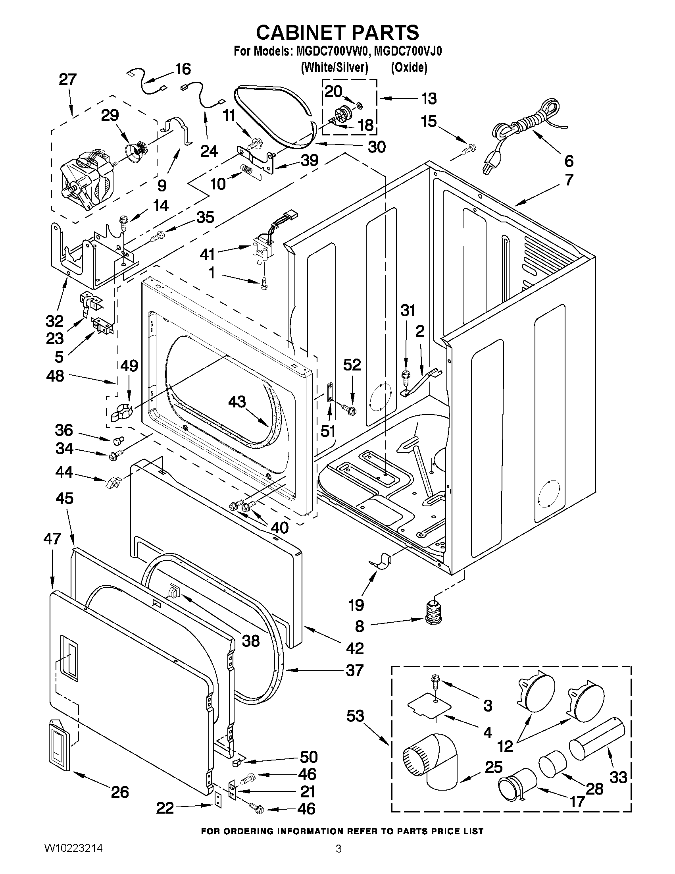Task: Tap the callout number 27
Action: (x=67, y=80)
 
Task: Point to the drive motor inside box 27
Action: (x=86, y=178)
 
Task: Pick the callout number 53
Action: (x=356, y=716)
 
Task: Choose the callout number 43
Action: (x=237, y=401)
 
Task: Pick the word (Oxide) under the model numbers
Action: (x=409, y=67)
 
